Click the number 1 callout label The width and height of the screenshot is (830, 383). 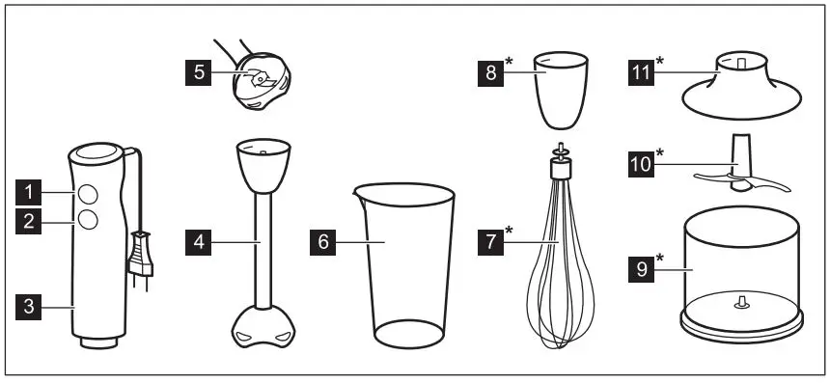pyautogui.click(x=33, y=189)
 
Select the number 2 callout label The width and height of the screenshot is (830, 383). pyautogui.click(x=33, y=221)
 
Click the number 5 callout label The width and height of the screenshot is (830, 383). pyautogui.click(x=199, y=72)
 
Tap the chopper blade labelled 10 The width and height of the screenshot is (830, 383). pyautogui.click(x=738, y=174)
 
